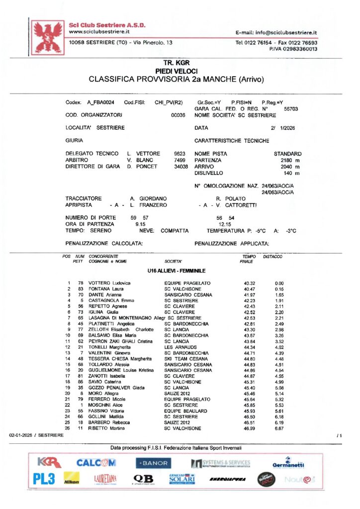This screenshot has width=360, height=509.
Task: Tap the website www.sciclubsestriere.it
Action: pos(99,31)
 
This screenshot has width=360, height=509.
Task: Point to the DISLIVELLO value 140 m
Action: pos(292,173)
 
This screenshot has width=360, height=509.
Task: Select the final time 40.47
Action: pos(249,289)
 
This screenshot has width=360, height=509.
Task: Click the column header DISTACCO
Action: pos(272,256)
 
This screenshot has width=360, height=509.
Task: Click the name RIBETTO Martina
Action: pos(106,428)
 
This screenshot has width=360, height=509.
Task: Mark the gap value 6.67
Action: pos(279,428)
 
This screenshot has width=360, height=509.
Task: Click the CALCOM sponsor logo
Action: pos(96,463)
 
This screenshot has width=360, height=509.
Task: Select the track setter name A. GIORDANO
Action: pos(148,198)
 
